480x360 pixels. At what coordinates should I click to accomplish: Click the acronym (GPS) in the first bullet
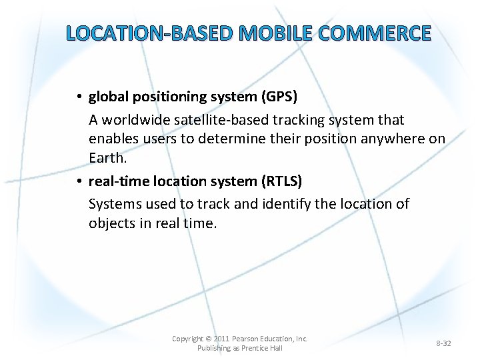click(280, 97)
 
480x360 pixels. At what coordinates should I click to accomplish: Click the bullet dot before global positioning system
click(79, 97)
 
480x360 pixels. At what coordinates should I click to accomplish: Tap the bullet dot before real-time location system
click(79, 181)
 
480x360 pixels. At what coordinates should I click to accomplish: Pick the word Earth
click(107, 157)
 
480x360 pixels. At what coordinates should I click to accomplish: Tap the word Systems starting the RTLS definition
click(114, 203)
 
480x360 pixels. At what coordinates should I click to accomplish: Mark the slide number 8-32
click(443, 343)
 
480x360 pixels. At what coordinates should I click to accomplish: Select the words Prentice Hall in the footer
click(259, 348)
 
